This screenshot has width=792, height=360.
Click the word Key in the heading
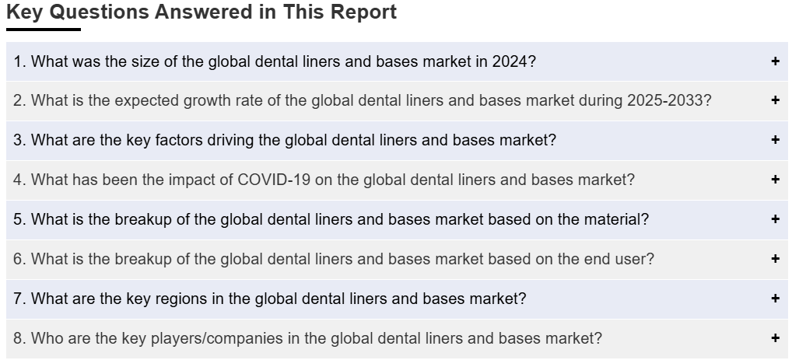[x=25, y=12]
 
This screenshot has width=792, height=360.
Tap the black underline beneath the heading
[x=44, y=30]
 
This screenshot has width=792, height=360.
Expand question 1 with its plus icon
[x=776, y=61]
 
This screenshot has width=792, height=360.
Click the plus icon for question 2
[x=776, y=100]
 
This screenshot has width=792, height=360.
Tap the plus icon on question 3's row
[x=776, y=140]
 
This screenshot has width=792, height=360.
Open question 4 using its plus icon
[x=776, y=180]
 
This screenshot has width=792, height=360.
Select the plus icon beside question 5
[x=776, y=219]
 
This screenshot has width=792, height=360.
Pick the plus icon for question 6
[x=776, y=258]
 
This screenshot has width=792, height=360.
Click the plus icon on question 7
[x=776, y=299]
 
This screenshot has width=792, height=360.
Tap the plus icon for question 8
[x=776, y=337]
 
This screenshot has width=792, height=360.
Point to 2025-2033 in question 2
[x=664, y=100]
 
